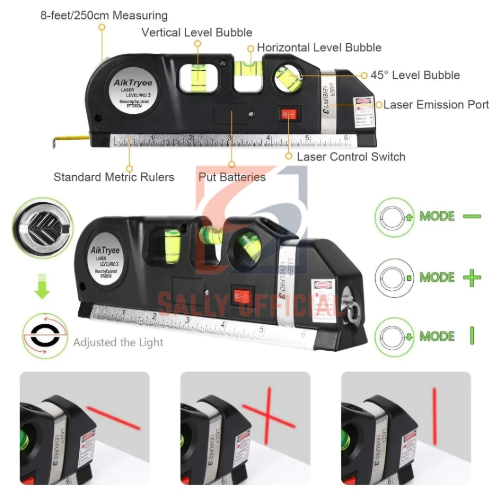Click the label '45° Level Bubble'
click(415, 75)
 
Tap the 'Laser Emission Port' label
click(436, 105)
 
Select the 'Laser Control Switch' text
click(351, 157)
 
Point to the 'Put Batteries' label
click(232, 177)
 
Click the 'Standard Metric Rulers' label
click(114, 177)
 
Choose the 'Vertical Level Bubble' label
click(197, 33)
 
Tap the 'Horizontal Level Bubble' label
click(319, 48)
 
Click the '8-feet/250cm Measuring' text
click(104, 15)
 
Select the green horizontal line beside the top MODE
click(472, 217)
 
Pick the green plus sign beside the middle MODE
click(472, 278)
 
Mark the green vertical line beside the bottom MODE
click(472, 335)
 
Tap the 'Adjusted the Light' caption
click(118, 343)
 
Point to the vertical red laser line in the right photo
click(435, 417)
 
